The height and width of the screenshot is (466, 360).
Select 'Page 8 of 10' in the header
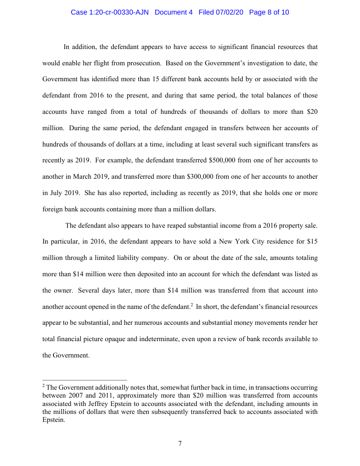[x=269, y=12]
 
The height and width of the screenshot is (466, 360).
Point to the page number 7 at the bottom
[x=180, y=443]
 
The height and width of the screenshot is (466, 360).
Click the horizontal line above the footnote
[x=85, y=380]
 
